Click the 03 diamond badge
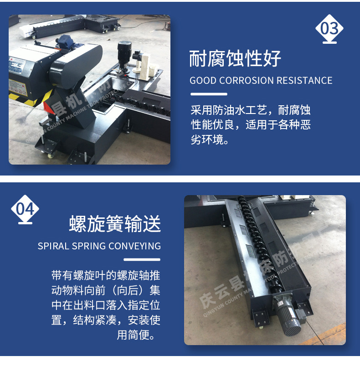pyautogui.click(x=329, y=29)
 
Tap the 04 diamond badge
pyautogui.click(x=25, y=209)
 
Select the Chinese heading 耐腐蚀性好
pyautogui.click(x=235, y=59)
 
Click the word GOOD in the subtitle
pyautogui.click(x=203, y=81)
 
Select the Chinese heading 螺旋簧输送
pyautogui.click(x=115, y=224)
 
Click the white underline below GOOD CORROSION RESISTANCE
pyautogui.click(x=208, y=94)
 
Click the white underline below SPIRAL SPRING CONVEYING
pyautogui.click(x=143, y=259)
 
